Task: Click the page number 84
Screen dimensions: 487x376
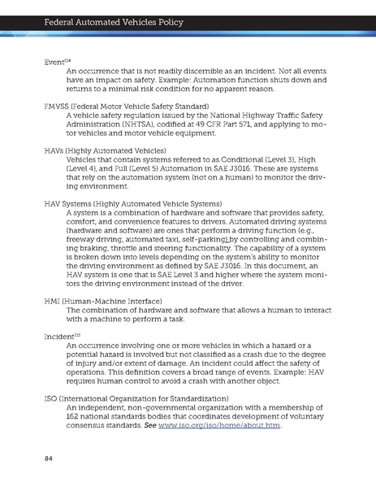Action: click(49, 459)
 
